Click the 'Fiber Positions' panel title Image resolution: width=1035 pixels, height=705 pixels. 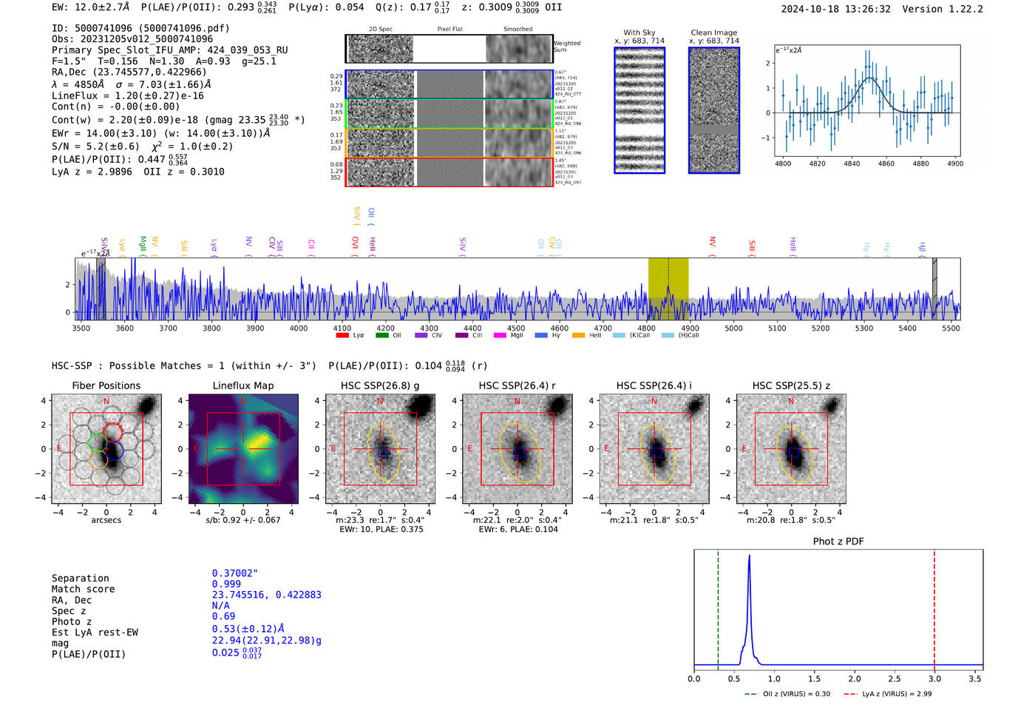click(x=106, y=385)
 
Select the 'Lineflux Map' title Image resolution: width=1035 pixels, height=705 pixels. click(x=242, y=385)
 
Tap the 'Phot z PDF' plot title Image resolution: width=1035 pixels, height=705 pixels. click(x=838, y=542)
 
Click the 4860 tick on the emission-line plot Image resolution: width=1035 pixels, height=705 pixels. click(x=886, y=163)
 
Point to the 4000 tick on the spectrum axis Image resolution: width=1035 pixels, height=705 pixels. click(x=299, y=328)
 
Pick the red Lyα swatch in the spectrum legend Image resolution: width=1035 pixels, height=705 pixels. click(x=342, y=336)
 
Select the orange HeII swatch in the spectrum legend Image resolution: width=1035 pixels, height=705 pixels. click(x=578, y=336)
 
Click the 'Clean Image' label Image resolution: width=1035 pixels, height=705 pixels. click(x=713, y=33)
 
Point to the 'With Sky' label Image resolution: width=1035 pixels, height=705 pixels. click(x=639, y=33)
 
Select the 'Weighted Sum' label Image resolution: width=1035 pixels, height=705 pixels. click(x=567, y=47)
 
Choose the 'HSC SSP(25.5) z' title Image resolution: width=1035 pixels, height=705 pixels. click(x=791, y=385)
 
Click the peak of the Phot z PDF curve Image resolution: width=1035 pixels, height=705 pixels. click(x=749, y=556)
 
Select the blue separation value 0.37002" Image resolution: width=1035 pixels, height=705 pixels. click(x=234, y=573)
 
